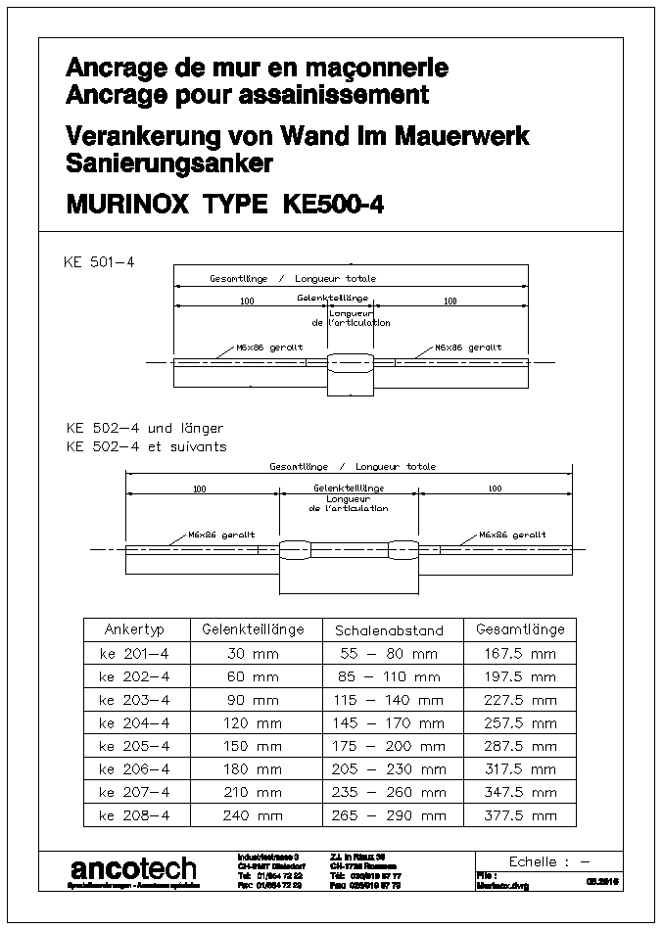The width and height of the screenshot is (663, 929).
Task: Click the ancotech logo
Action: pyautogui.click(x=133, y=868)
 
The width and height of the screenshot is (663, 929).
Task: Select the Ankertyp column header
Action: pyautogui.click(x=134, y=629)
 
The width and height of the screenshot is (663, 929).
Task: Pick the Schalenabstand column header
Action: pyautogui.click(x=389, y=630)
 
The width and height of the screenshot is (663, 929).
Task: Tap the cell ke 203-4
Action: pyautogui.click(x=134, y=699)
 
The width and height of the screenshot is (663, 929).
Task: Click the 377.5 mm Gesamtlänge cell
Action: pyautogui.click(x=520, y=814)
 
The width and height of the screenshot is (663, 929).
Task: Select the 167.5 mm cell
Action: pyautogui.click(x=520, y=653)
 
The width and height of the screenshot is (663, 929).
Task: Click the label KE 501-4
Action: pyautogui.click(x=98, y=262)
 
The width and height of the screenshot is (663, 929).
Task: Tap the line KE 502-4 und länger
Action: pyautogui.click(x=144, y=428)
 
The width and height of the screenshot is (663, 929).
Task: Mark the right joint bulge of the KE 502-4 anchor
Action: pyautogui.click(x=403, y=549)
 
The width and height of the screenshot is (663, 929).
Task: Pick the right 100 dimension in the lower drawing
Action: pyautogui.click(x=495, y=488)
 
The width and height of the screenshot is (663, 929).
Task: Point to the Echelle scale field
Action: pyautogui.click(x=548, y=861)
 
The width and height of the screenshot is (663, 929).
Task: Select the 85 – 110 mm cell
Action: pyautogui.click(x=389, y=676)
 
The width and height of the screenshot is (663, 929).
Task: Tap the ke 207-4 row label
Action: pyautogui.click(x=134, y=792)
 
